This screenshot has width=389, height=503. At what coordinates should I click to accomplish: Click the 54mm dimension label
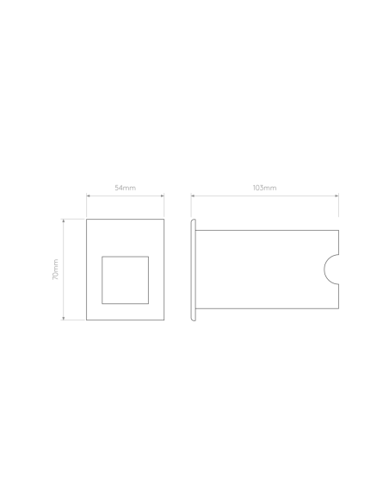pyautogui.click(x=126, y=188)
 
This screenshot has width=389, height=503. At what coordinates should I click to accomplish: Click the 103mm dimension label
pyautogui.click(x=265, y=188)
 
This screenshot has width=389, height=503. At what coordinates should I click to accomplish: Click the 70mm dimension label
pyautogui.click(x=55, y=270)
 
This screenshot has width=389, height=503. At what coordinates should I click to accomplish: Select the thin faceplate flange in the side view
pyautogui.click(x=194, y=270)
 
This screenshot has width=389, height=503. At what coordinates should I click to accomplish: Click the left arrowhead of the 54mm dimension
pyautogui.click(x=88, y=196)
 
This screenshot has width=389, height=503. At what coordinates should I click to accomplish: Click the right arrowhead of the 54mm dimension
pyautogui.click(x=163, y=196)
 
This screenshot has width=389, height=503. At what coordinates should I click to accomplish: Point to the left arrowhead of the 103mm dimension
pyautogui.click(x=193, y=196)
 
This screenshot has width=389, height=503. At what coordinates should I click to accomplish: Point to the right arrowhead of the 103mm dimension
pyautogui.click(x=337, y=196)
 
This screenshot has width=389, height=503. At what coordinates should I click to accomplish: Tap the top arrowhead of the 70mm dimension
pyautogui.click(x=64, y=221)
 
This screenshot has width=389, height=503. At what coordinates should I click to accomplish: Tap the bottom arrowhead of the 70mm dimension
pyautogui.click(x=64, y=318)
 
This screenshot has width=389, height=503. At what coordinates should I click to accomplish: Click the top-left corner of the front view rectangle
pyautogui.click(x=87, y=220)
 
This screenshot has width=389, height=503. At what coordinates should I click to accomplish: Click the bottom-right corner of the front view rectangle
pyautogui.click(x=164, y=320)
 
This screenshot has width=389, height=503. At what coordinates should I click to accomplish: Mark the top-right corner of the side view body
pyautogui.click(x=339, y=230)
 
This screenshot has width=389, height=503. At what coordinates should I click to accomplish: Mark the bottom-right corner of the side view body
pyautogui.click(x=339, y=308)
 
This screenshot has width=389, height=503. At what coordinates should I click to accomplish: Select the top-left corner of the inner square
pyautogui.click(x=102, y=257)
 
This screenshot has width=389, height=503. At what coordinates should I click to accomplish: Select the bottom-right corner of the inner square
pyautogui.click(x=148, y=303)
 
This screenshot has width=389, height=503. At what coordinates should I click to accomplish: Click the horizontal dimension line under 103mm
pyautogui.click(x=265, y=196)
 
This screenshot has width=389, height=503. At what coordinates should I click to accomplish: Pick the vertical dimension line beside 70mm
pyautogui.click(x=64, y=270)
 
